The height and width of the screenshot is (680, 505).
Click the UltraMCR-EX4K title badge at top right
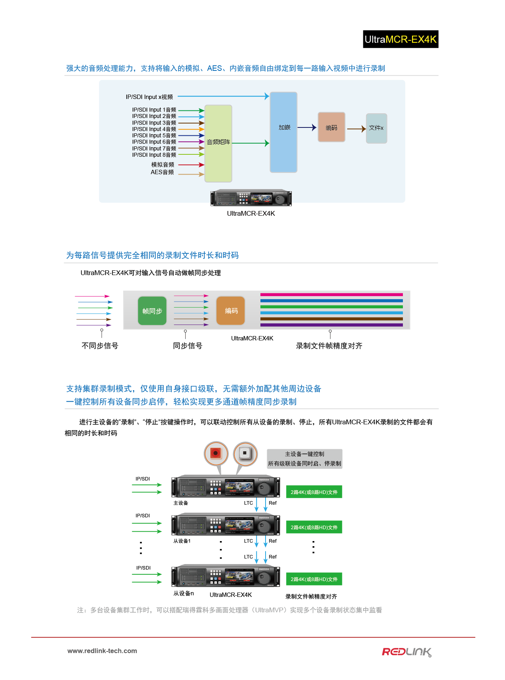401,39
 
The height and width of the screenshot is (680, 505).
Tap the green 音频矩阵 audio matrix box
218,143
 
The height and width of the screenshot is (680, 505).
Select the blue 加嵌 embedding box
283,132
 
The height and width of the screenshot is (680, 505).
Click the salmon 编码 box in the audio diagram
332,127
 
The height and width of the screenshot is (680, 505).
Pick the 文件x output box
376,128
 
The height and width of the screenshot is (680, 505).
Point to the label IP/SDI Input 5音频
154,135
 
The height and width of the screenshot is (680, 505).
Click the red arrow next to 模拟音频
191,165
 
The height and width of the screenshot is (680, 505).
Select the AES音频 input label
162,172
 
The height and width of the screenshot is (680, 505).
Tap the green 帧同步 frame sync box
152,311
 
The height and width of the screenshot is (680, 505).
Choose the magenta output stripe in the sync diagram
332,295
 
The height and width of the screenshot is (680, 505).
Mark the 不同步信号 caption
100,346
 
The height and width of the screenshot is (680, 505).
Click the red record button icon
216,453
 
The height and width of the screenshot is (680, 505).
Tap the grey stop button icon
245,453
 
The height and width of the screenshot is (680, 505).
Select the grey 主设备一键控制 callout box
305,459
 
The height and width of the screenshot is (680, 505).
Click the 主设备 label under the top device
181,503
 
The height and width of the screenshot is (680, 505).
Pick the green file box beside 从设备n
314,579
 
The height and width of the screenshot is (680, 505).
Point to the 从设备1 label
182,541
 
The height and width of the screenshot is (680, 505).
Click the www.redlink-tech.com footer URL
102,651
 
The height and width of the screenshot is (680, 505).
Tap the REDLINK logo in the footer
407,652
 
